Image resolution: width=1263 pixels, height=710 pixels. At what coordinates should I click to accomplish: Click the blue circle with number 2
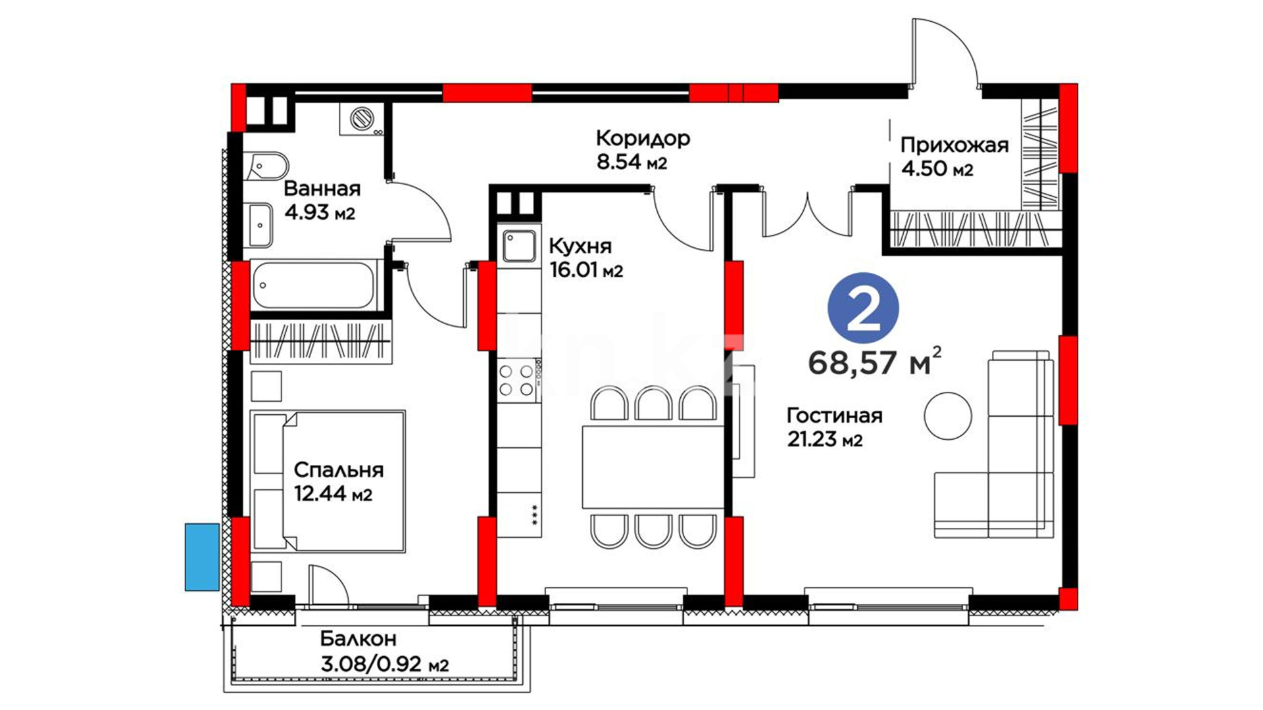pos(863,308)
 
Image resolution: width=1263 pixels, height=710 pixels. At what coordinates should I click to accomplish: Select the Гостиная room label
pos(835,415)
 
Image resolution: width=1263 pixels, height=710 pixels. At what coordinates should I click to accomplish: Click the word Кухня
pos(580,247)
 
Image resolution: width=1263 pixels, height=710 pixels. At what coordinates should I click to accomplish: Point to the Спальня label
pos(338,470)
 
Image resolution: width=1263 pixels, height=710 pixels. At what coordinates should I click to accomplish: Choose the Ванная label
pos(322,189)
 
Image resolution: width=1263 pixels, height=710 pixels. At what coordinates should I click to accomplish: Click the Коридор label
pos(643,138)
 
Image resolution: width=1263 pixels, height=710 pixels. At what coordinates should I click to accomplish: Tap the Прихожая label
pos(954,145)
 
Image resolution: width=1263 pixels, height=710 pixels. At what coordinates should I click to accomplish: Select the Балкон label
pos(359,639)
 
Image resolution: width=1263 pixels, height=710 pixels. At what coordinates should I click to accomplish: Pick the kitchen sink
pos(519,246)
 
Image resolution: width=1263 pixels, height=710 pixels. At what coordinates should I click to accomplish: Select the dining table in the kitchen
pos(653,467)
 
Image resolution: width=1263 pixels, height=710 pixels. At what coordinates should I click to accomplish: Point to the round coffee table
pos(948,415)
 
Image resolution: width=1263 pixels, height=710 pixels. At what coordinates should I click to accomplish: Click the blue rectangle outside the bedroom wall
pos(202,557)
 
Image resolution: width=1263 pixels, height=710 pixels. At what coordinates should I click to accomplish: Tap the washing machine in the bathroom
pos(361,119)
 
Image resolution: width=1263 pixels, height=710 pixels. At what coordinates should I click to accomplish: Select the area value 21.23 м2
pos(825,439)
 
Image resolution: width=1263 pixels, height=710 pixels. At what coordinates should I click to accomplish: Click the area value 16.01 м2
pos(586,270)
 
